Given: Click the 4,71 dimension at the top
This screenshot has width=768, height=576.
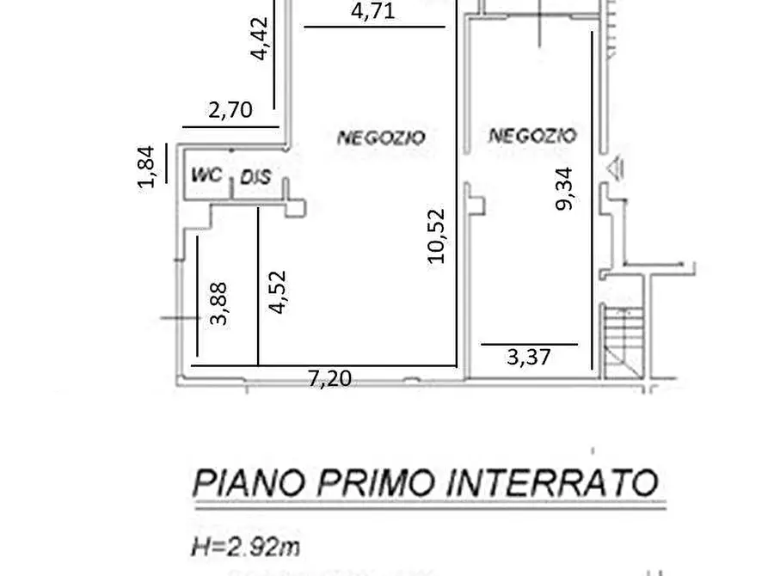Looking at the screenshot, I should point(373,13).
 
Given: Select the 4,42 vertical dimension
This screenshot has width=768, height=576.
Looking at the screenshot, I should point(261,40).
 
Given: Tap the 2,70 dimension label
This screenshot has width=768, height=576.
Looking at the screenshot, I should point(230,110).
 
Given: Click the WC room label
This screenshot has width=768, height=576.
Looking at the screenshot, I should point(206,175).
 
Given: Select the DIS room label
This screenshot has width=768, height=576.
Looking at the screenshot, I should point(255,178).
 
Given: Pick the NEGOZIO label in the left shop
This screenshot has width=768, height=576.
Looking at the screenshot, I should point(381,137).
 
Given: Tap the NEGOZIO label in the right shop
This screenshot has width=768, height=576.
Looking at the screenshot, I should point(532,135).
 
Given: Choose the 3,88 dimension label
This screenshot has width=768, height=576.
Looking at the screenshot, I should point(221,304).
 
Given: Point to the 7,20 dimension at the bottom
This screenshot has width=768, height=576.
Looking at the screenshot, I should point(330,377).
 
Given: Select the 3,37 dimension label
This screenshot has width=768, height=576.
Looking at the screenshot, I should point(529,356).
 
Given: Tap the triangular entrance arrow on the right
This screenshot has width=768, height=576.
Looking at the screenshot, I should point(615,169).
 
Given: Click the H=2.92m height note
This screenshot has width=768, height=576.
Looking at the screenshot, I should point(245,546).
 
